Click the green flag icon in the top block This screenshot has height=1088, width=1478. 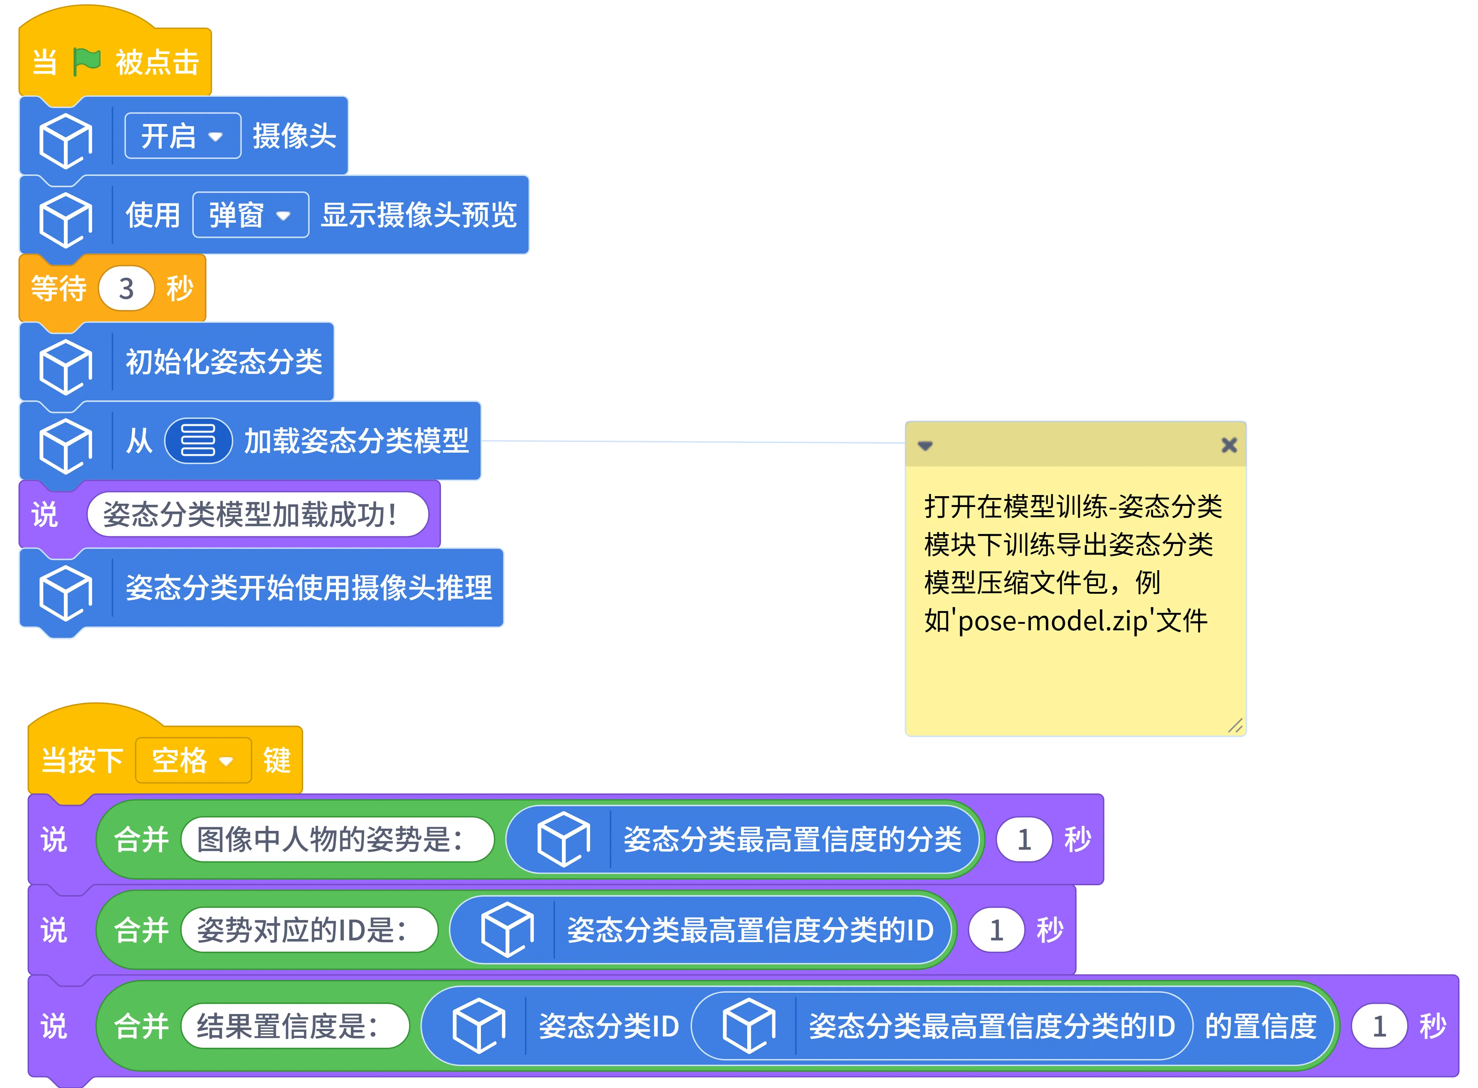coord(86,62)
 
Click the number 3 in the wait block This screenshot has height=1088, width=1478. coord(126,288)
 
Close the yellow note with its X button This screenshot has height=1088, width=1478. coord(1228,445)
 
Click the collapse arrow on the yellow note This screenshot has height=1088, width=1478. coord(925,446)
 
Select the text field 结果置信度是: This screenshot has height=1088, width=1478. coord(294,1025)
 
